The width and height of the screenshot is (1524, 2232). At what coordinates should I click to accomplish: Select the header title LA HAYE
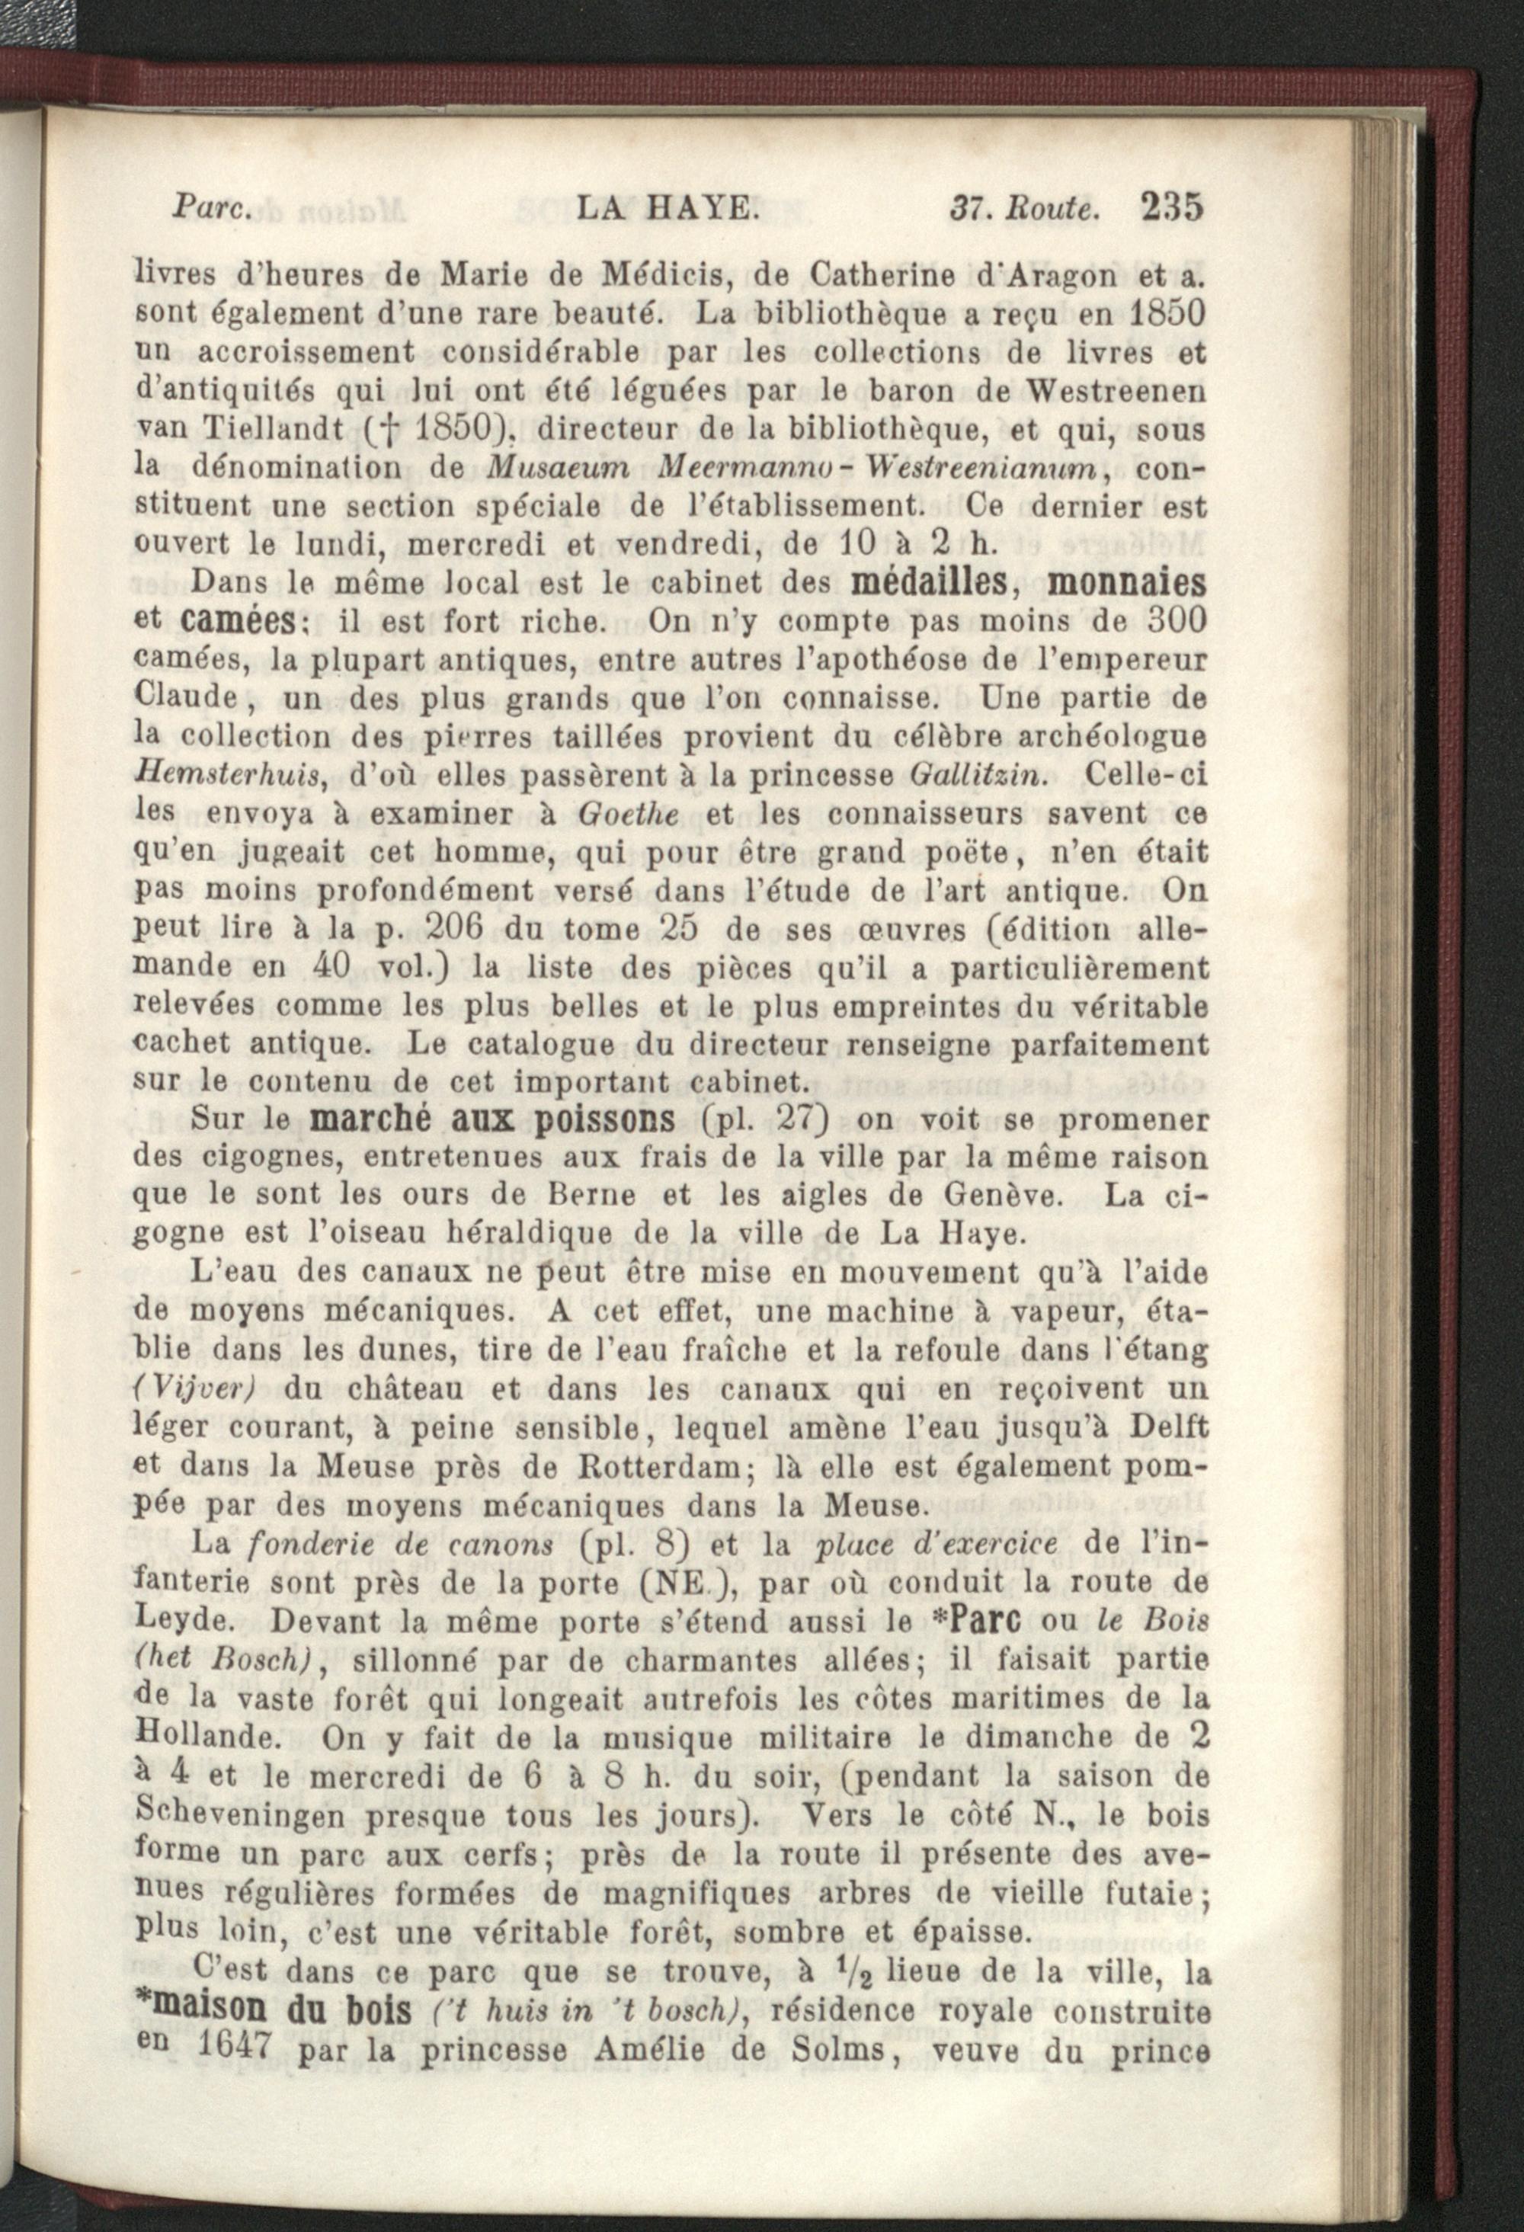click(668, 207)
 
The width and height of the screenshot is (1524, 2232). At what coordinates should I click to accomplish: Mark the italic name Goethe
click(629, 813)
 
